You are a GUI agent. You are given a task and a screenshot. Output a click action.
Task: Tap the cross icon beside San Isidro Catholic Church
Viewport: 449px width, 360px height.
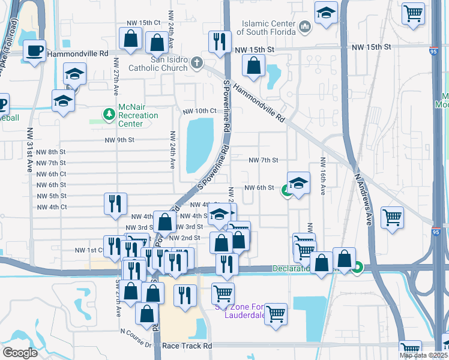point(196,61)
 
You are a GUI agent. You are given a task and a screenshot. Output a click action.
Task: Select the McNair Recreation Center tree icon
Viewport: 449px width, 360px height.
point(109,114)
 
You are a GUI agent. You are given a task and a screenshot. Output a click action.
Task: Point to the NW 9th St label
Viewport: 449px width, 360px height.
point(119,140)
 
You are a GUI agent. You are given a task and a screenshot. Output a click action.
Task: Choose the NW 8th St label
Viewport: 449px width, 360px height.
point(51,152)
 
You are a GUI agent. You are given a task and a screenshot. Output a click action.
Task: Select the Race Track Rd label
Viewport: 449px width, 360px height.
point(191,346)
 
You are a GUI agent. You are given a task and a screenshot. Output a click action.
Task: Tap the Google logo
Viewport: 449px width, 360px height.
point(19,353)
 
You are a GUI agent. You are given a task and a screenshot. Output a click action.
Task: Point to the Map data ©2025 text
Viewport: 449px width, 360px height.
point(424,355)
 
